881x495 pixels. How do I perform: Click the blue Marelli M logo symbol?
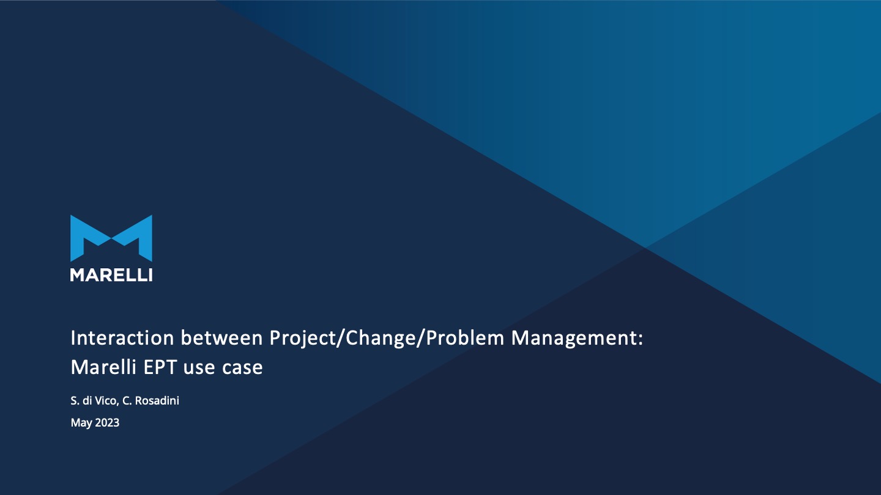click(111, 238)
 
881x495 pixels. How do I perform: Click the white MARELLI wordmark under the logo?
click(111, 275)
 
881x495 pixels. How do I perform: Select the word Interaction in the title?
click(122, 338)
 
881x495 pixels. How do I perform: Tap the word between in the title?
click(221, 338)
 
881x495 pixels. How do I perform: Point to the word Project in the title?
click(303, 339)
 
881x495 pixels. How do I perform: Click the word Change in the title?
click(381, 339)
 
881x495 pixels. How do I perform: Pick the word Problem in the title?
click(465, 338)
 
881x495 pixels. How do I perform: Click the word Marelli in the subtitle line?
click(103, 367)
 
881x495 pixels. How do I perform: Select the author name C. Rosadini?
click(151, 401)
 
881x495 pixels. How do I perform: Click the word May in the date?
click(81, 423)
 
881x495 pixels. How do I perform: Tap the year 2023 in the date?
click(107, 423)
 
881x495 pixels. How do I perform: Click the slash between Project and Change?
click(341, 339)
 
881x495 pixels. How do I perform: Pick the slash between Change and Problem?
click(421, 339)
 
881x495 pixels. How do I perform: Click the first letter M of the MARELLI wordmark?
click(77, 275)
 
